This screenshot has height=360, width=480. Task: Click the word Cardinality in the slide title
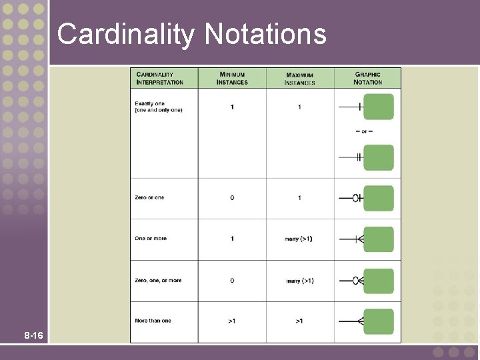click(x=125, y=34)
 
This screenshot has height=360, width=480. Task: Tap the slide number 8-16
click(x=33, y=335)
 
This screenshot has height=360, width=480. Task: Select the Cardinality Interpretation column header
click(x=159, y=78)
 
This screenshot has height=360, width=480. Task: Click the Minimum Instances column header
click(x=232, y=78)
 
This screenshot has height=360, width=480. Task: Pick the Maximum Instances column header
click(x=299, y=79)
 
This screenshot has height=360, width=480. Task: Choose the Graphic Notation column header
click(x=368, y=78)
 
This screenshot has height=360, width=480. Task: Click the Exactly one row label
click(x=158, y=107)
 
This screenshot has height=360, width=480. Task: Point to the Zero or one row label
click(x=149, y=197)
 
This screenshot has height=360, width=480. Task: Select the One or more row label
click(x=151, y=238)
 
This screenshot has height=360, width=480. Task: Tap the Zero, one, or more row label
click(x=158, y=281)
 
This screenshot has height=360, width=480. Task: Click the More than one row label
click(x=153, y=321)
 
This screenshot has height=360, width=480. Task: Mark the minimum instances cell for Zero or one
click(x=232, y=198)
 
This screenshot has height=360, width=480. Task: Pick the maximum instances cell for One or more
click(x=299, y=239)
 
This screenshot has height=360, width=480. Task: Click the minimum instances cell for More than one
click(x=232, y=321)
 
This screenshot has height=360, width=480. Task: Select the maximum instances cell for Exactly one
click(x=299, y=107)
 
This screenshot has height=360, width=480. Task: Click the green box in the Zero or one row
click(x=379, y=198)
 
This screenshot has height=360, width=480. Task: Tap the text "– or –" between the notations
click(x=364, y=131)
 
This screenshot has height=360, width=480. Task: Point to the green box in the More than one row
click(x=379, y=321)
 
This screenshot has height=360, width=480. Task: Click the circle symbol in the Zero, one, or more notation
click(x=355, y=281)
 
